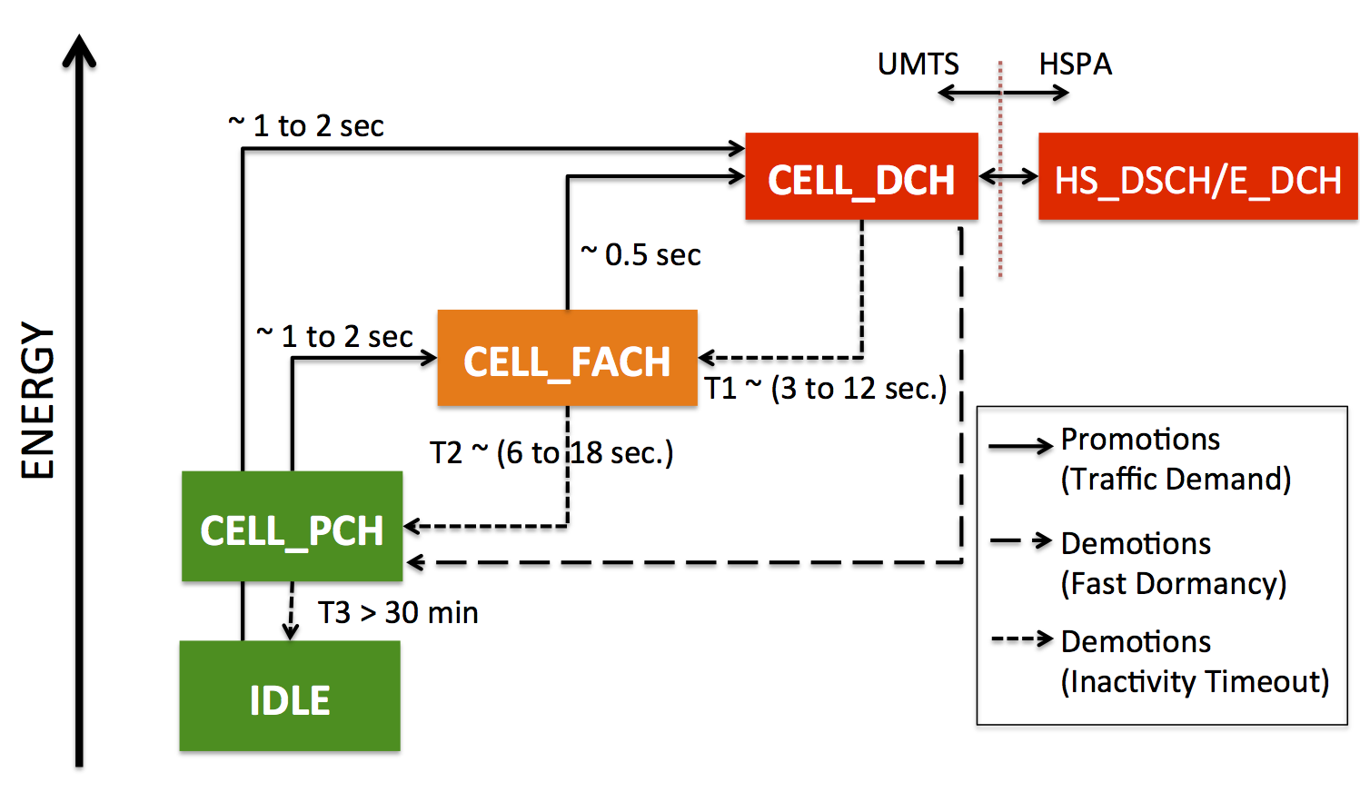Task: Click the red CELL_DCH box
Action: [x=861, y=176]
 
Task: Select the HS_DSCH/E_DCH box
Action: [x=1198, y=176]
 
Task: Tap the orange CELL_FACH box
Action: [x=567, y=358]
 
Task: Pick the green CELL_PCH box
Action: [x=292, y=526]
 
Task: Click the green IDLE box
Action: [x=290, y=696]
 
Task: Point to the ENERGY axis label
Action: [x=37, y=401]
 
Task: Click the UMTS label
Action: [x=918, y=64]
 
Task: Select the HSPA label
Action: [x=1076, y=64]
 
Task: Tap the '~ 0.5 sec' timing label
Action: [x=640, y=254]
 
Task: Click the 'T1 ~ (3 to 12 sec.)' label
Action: [x=826, y=389]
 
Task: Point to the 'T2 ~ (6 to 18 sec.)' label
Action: [x=551, y=452]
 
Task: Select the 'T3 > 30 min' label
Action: [x=398, y=612]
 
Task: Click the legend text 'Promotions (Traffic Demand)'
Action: [x=1176, y=459]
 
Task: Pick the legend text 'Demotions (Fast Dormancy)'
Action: [x=1173, y=563]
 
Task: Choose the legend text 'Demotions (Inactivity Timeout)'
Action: [x=1195, y=661]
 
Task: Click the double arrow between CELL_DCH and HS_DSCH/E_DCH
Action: [x=1008, y=176]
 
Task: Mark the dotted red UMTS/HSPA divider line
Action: [x=1000, y=169]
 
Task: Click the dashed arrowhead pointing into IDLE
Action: [x=290, y=632]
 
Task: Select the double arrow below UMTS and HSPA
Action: [x=1003, y=93]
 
